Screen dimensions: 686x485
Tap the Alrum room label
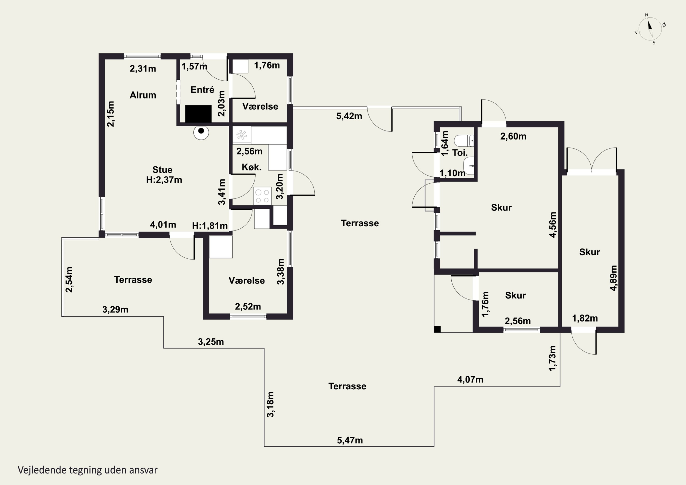point(143,95)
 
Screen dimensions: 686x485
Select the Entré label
point(202,89)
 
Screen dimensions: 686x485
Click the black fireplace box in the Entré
point(198,114)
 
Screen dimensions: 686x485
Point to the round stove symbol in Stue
point(201,132)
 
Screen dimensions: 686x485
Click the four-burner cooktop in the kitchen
point(262,196)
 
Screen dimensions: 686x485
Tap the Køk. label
point(251,167)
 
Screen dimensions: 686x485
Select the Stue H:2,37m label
point(164,174)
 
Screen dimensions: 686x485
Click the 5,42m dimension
point(349,116)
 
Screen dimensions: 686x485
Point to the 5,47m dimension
point(350,440)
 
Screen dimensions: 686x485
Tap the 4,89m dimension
point(613,278)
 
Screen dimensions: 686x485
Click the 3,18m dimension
point(270,404)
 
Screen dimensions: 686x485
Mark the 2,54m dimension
point(69,279)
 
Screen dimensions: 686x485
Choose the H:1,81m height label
point(210,226)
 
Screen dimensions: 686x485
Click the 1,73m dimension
point(552,358)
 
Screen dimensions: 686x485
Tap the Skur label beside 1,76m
point(515,295)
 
